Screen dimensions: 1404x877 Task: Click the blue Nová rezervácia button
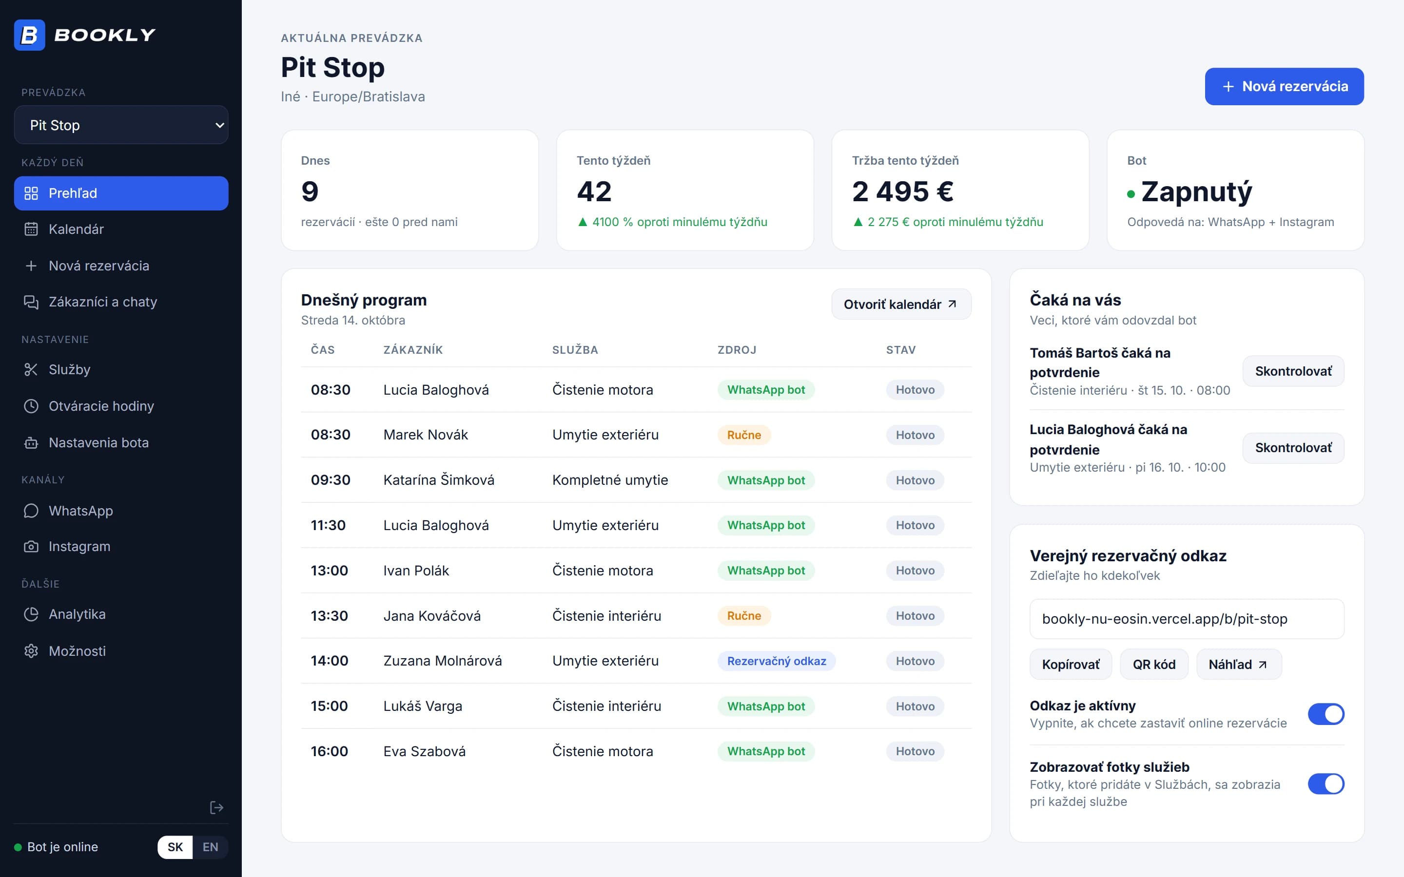1284,86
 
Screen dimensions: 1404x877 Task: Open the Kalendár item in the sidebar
121,229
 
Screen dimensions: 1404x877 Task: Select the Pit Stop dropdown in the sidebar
121,125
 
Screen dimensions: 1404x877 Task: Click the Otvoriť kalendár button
901,304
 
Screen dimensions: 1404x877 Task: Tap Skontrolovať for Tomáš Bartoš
1293,371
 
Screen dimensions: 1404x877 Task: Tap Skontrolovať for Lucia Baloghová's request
1293,448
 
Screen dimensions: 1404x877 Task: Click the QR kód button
1154,664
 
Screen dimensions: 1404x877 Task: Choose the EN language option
210,847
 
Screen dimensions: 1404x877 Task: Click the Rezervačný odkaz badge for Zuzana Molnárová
776,661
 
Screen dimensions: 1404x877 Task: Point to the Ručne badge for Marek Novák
744,435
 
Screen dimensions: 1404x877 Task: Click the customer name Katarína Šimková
439,480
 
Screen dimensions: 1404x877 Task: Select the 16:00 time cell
330,751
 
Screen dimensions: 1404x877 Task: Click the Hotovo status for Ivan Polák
915,570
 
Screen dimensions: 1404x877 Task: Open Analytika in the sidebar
121,614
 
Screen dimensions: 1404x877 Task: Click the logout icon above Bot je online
216,807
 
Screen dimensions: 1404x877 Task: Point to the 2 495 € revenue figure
902,191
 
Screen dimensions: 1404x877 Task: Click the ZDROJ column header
737,350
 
